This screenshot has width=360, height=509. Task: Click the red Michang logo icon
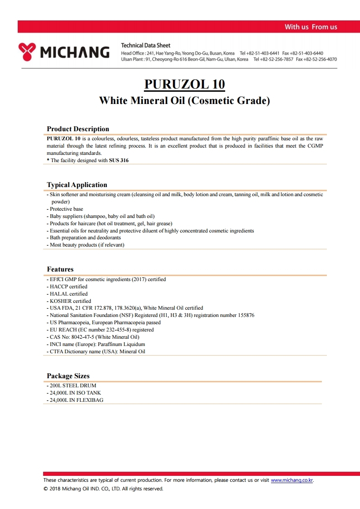(x=27, y=52)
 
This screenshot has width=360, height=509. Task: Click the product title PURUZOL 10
(x=184, y=84)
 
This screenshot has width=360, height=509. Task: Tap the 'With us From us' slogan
(x=311, y=27)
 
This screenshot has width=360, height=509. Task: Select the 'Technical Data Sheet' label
(x=146, y=45)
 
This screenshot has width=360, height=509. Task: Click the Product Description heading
(x=78, y=129)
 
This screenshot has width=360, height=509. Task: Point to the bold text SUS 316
(x=118, y=160)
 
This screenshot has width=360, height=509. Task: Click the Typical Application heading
(x=77, y=185)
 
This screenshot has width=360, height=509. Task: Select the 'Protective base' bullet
(x=66, y=209)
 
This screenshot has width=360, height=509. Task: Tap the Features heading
(x=60, y=269)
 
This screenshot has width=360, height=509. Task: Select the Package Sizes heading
(x=68, y=376)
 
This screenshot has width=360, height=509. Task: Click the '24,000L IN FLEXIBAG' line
(x=79, y=400)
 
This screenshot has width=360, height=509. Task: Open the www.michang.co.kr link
(x=292, y=480)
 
